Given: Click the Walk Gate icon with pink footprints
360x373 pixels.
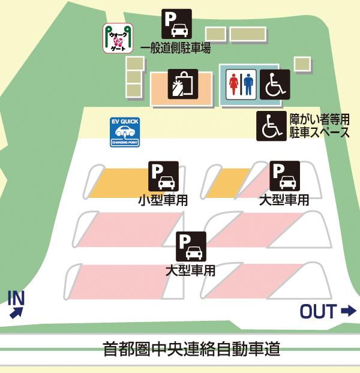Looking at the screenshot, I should click(118, 38).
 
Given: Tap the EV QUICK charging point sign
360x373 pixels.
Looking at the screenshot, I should click(125, 133).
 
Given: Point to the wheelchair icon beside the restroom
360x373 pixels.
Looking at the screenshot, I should click(274, 85).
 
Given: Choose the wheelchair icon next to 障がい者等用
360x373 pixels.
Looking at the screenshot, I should click(272, 126).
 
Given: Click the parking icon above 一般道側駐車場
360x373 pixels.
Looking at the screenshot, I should click(176, 24).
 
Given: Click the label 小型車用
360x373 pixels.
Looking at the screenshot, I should click(163, 200).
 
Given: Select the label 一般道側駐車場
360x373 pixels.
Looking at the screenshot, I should click(175, 49).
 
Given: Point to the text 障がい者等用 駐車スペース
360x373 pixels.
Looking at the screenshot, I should click(319, 125).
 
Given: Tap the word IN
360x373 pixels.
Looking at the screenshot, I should click(16, 297).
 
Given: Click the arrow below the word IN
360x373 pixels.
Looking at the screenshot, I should click(16, 311).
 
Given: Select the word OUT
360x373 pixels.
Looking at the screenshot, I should click(318, 311).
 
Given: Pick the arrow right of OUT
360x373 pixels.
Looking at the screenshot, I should click(348, 311).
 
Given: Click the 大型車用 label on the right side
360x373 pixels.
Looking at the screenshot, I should click(284, 200).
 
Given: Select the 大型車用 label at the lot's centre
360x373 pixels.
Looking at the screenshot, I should click(190, 270).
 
